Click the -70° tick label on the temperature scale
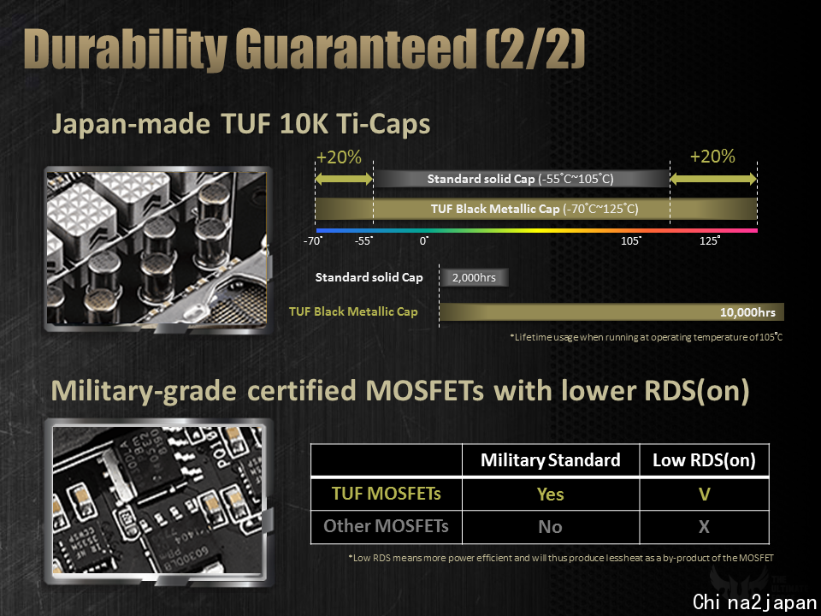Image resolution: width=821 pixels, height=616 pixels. [313, 241]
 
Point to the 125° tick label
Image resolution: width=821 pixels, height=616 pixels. [710, 241]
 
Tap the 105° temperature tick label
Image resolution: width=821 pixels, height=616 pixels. [631, 241]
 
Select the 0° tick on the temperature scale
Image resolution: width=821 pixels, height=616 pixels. [424, 241]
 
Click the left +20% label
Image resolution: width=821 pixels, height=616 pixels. [339, 157]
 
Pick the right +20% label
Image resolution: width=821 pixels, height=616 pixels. [712, 156]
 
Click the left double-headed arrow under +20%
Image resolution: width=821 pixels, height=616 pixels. [344, 179]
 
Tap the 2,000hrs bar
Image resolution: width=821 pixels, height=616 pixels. [474, 277]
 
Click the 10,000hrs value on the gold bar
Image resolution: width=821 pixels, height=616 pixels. [747, 313]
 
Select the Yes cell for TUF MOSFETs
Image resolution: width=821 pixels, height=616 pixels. [550, 495]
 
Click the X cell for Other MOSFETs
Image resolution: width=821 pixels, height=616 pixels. [704, 526]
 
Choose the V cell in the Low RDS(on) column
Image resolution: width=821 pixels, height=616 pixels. [704, 494]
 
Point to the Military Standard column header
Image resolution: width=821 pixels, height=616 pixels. [550, 460]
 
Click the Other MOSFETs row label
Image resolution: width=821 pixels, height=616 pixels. [386, 526]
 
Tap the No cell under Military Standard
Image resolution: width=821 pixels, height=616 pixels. [550, 527]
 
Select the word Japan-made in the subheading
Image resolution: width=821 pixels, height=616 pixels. [130, 125]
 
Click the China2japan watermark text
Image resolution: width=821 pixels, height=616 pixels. [754, 601]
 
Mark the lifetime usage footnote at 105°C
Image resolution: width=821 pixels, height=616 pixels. [647, 337]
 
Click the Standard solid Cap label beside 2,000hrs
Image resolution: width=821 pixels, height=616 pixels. [369, 277]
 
